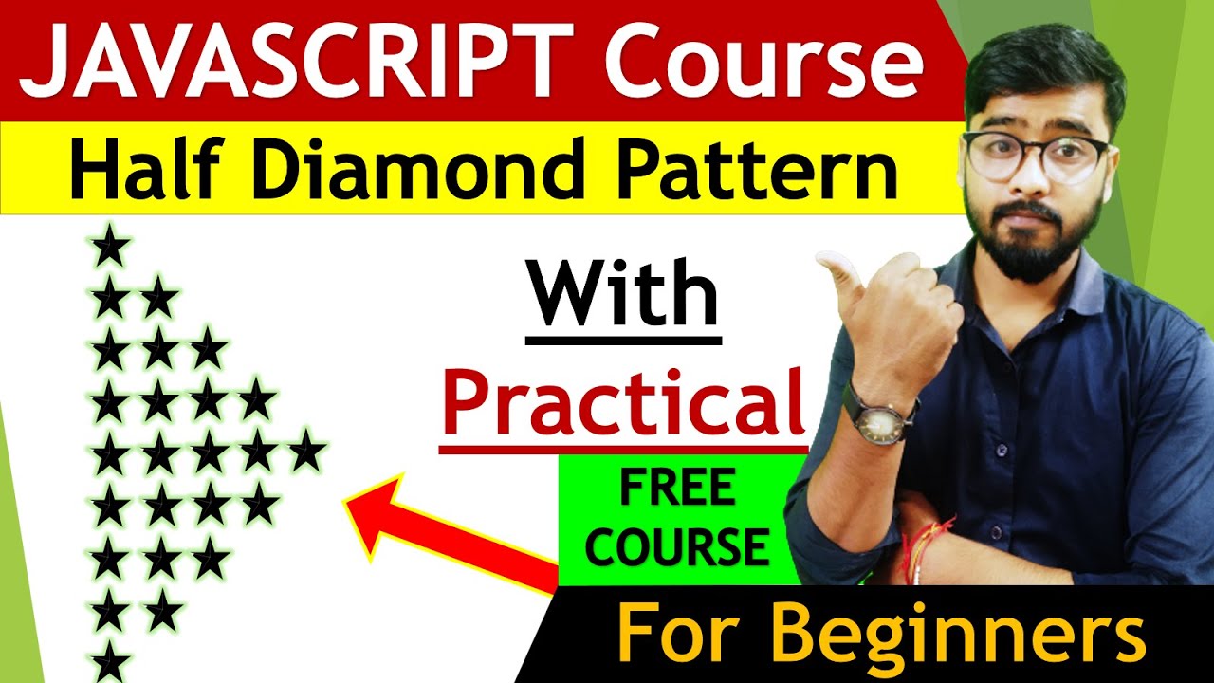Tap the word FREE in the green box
pyautogui.click(x=676, y=490)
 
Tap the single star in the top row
pyautogui.click(x=110, y=249)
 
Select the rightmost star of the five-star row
pyautogui.click(x=305, y=451)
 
